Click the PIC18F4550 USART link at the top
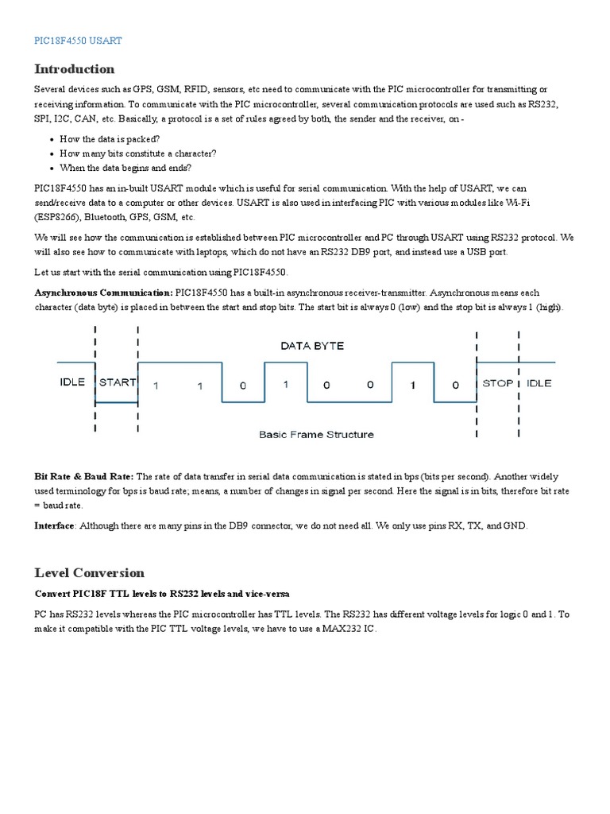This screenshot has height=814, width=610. tap(78, 40)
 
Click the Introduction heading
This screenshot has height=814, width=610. tap(74, 68)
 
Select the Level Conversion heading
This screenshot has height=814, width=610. tap(89, 572)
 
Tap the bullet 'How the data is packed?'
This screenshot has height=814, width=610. tap(110, 138)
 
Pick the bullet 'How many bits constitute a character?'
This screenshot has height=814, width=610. tap(137, 153)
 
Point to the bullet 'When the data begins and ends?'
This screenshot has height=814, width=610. tap(125, 168)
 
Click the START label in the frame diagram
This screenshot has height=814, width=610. tap(117, 382)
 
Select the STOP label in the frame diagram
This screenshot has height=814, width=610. tap(498, 383)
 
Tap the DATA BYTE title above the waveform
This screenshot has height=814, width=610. tap(312, 346)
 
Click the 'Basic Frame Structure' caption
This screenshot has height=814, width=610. tap(316, 435)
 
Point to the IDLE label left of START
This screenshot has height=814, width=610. tap(72, 382)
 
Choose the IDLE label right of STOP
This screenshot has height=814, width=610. tap(539, 383)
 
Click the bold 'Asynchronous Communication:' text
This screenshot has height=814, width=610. tap(103, 293)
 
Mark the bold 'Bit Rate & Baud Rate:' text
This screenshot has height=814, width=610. tap(84, 476)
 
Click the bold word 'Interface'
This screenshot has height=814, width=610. tap(55, 525)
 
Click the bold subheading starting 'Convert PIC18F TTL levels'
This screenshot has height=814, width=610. tap(162, 594)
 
